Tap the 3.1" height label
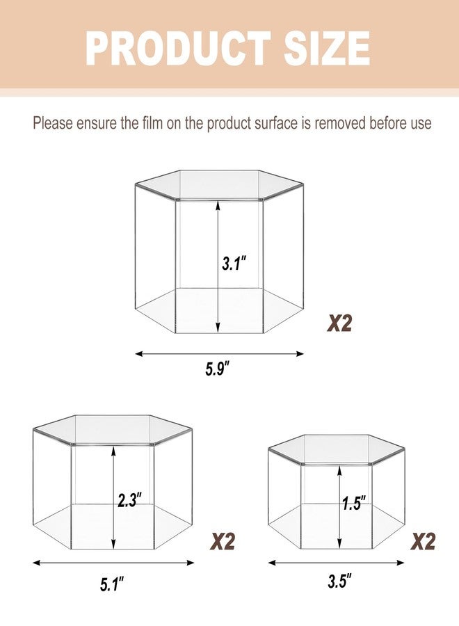click(x=234, y=264)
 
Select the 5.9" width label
click(x=218, y=369)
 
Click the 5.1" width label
click(x=111, y=585)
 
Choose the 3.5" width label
click(x=340, y=581)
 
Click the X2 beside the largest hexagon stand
click(x=339, y=323)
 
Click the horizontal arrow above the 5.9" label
click(x=220, y=353)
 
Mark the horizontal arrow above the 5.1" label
click(x=113, y=563)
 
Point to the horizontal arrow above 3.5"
click(x=336, y=563)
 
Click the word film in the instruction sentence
click(x=152, y=123)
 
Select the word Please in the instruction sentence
click(x=53, y=123)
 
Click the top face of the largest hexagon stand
click(x=220, y=184)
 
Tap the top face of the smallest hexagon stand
click(x=337, y=449)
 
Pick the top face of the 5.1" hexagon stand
click(x=113, y=430)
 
